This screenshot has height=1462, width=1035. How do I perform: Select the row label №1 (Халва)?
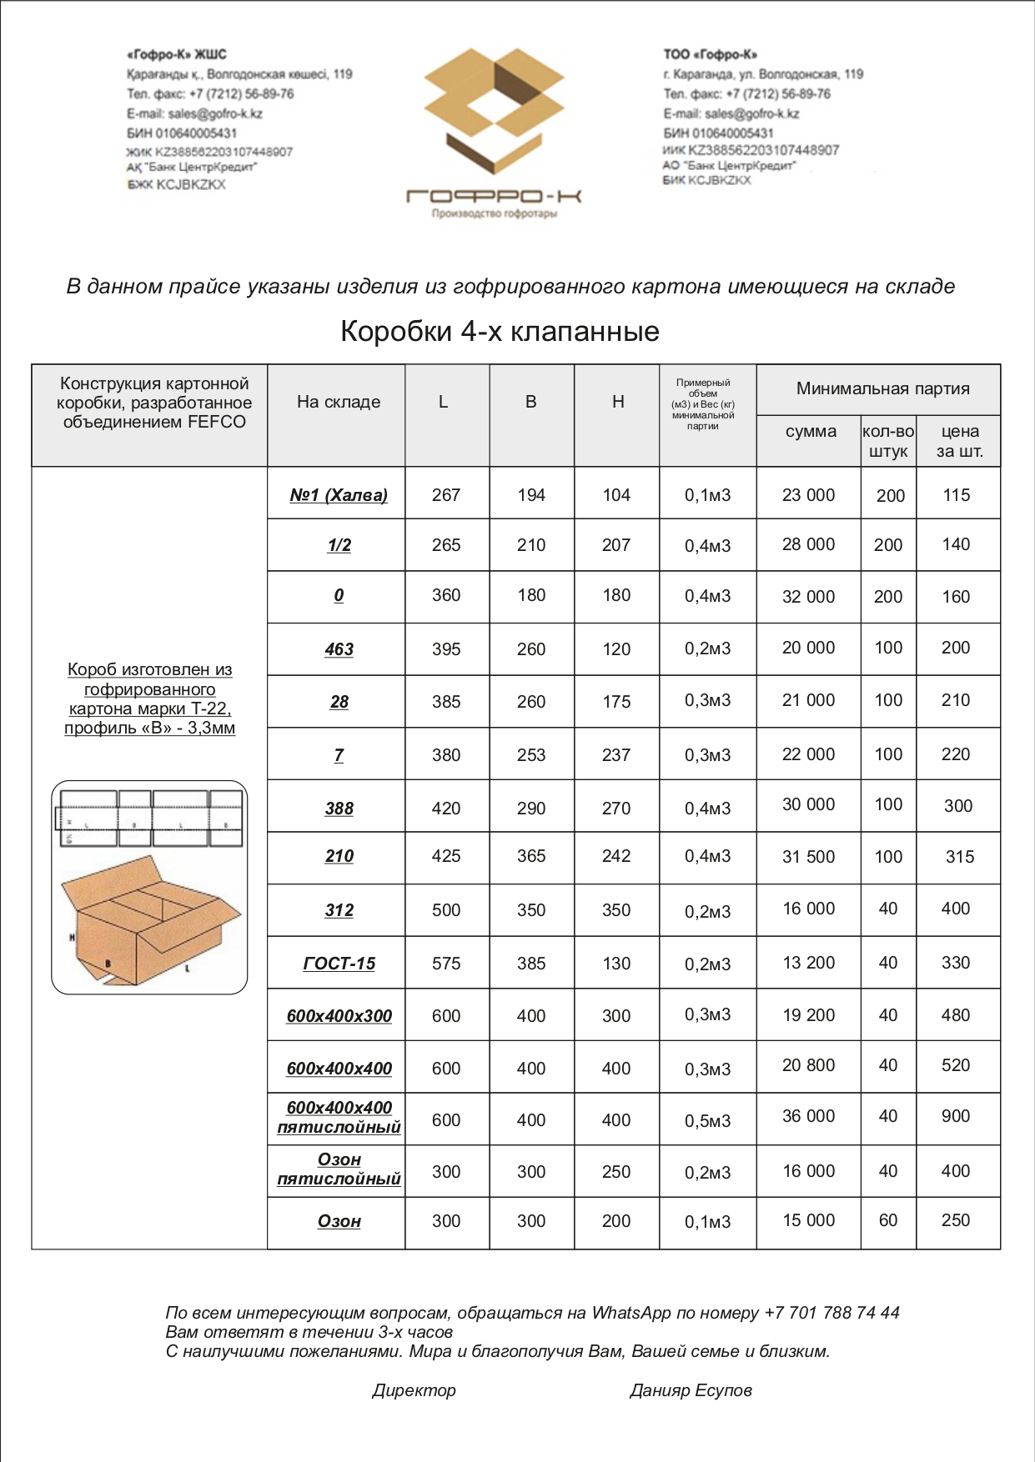coord(339,495)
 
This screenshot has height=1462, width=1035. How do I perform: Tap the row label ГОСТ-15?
coord(339,964)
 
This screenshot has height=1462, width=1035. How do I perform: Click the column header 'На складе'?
coord(339,402)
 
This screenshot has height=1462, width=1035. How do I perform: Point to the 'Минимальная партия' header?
coord(882,388)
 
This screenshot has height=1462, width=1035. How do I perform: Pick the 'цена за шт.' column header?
coord(959,442)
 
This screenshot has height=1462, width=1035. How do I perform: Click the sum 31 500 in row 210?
coord(808,857)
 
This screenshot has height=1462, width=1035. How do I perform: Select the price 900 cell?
coord(956,1116)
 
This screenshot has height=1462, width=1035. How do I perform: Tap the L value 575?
coord(446,964)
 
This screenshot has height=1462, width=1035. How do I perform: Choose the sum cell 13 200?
coord(808,963)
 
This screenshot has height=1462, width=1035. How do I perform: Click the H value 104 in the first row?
coord(616,495)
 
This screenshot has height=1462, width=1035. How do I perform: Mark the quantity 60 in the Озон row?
coord(888,1220)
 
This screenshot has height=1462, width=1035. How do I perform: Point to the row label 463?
coord(339,649)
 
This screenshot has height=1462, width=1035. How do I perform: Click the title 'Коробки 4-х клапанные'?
coord(500,332)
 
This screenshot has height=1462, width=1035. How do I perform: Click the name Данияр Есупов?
coord(691,1390)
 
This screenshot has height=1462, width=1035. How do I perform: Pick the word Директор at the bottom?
coord(414,1390)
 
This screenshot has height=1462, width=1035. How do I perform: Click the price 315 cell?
coord(959,857)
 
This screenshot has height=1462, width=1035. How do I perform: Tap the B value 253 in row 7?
coord(531,755)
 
